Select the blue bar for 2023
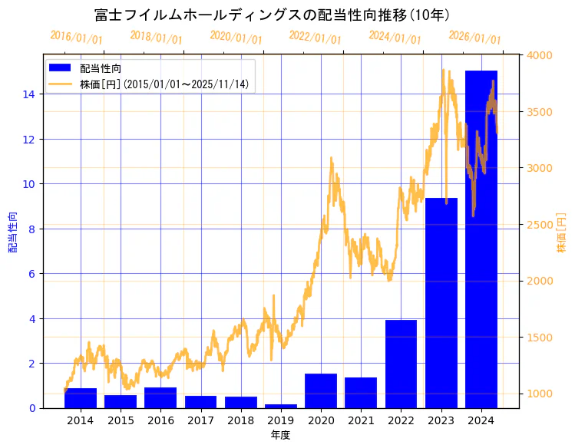coord(441,303)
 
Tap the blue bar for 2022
coord(401,364)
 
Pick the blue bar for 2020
coord(321,390)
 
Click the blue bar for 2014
coord(81,398)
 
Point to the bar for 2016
coord(160,397)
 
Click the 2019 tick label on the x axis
coord(281,420)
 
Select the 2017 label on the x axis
coord(200,420)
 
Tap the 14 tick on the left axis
coord(28,94)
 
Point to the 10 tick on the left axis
coord(28,184)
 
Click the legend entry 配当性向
coord(101,69)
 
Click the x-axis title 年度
coord(280,435)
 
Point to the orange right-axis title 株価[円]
coord(561,234)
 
